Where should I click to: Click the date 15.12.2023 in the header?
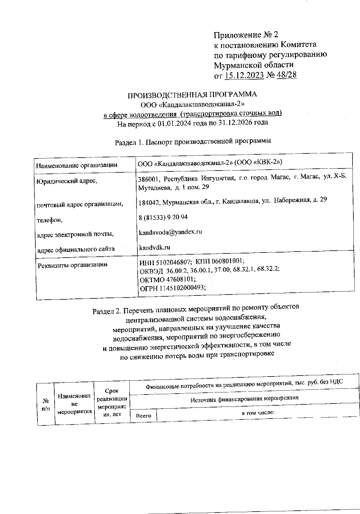pyautogui.click(x=244, y=74)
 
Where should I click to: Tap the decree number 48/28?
pyautogui.click(x=287, y=74)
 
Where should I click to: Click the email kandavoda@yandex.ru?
pyautogui.click(x=170, y=232)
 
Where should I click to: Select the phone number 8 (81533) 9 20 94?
pyautogui.click(x=163, y=217)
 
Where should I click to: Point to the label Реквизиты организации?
pyautogui.click(x=72, y=265)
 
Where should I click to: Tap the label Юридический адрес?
pyautogui.click(x=67, y=181)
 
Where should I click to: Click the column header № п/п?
pyautogui.click(x=46, y=404)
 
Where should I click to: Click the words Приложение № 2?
pyautogui.click(x=246, y=35)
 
